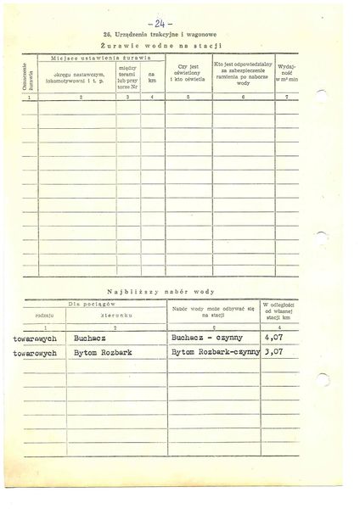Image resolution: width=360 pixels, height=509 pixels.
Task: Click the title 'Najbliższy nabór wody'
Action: click(x=179, y=289)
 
